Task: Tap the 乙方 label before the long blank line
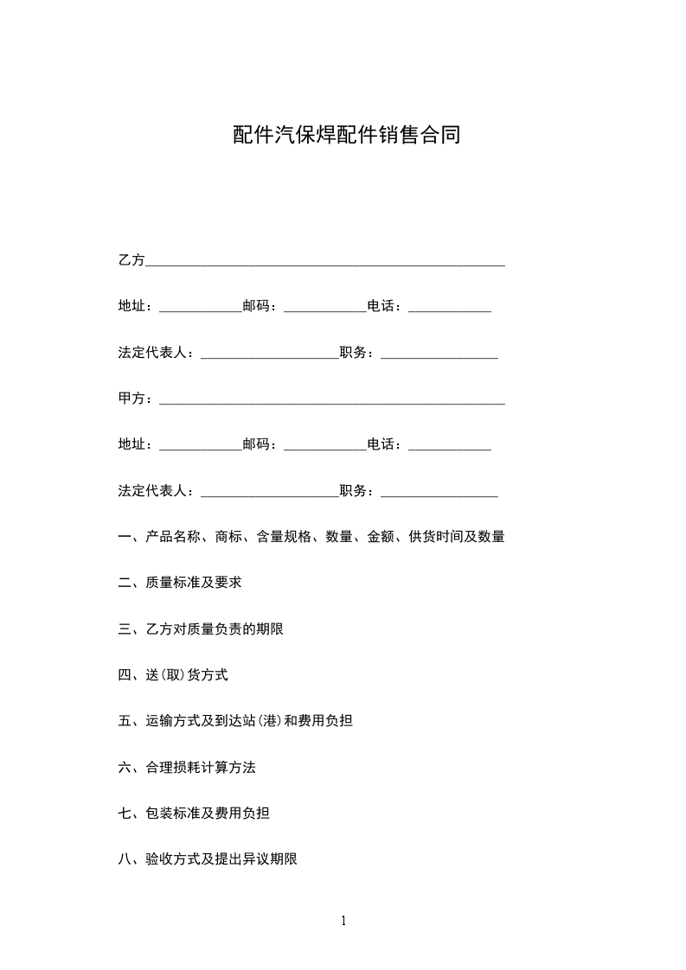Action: [131, 259]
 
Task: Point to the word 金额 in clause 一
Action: [381, 537]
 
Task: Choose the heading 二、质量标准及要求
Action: [180, 583]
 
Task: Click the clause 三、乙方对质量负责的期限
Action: [201, 629]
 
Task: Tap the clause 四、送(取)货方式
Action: [173, 675]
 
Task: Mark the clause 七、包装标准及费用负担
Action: [194, 814]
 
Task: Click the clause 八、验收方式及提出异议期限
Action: [208, 859]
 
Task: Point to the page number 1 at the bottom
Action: [343, 920]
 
